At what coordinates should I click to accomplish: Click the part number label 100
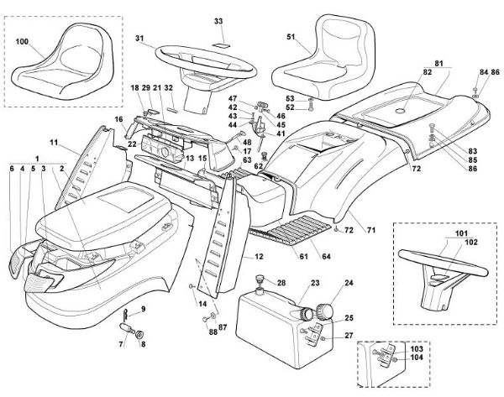pos(22,40)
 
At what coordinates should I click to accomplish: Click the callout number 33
pos(218,20)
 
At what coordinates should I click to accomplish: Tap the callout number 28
pos(281,282)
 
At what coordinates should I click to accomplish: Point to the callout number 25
pos(349,319)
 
